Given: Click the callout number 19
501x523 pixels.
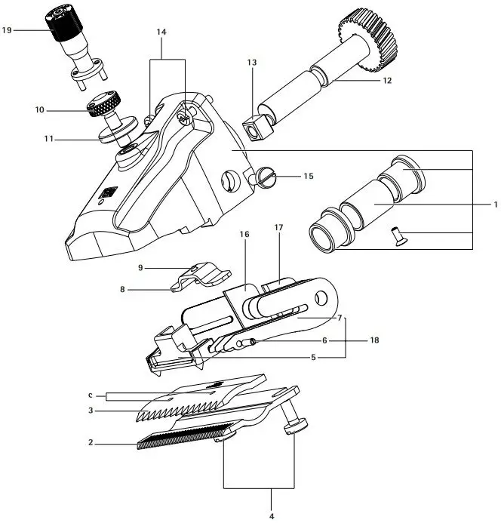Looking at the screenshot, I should (7, 30).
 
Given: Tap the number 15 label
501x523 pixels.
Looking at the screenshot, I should (307, 176).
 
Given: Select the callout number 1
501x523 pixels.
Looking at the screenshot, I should (495, 205).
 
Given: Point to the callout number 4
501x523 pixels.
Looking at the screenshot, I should (272, 515).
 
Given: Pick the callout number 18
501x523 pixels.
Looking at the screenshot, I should (374, 340).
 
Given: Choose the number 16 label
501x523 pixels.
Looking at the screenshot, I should (244, 235).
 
